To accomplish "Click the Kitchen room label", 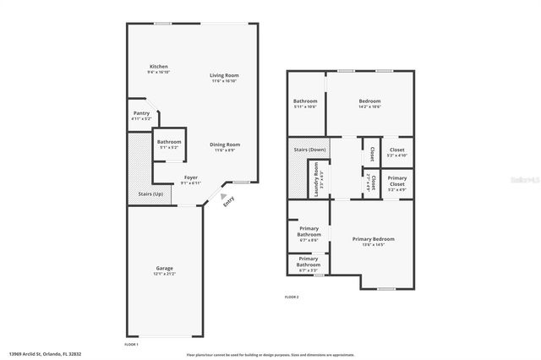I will [x=158, y=67].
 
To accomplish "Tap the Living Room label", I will [x=225, y=76].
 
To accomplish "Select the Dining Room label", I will [x=225, y=145].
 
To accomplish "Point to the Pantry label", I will [x=142, y=114].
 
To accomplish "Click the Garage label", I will [x=164, y=270].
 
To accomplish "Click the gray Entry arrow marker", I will [x=224, y=195].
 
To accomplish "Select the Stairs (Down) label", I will [x=308, y=150].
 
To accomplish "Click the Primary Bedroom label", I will [x=373, y=240].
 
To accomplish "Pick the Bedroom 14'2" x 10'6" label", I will [x=369, y=101].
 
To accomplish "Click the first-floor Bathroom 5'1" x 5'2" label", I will [x=169, y=142].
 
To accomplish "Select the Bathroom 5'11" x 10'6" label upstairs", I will [x=305, y=101].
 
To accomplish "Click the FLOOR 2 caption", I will [x=292, y=297].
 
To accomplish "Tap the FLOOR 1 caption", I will [x=131, y=345].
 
